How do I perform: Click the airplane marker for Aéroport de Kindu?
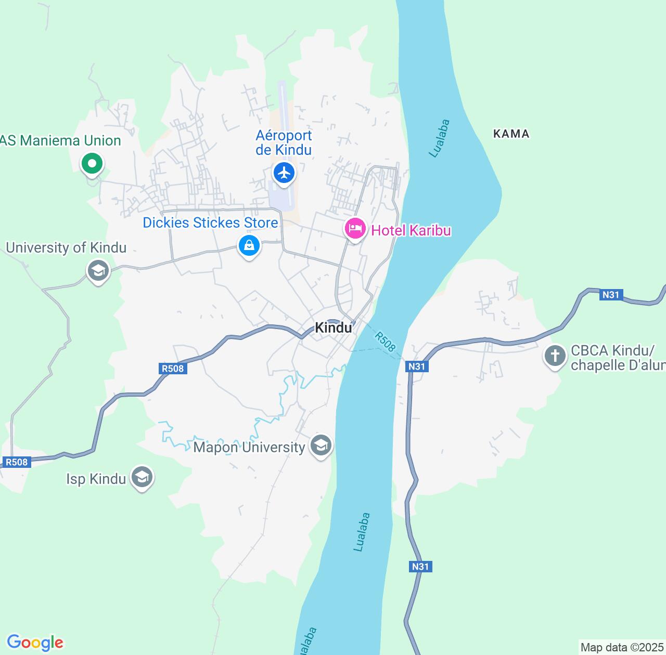coord(284,172)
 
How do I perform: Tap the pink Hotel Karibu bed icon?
coord(355,229)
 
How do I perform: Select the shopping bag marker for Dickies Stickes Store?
coord(249,245)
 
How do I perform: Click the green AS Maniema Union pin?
coord(92,164)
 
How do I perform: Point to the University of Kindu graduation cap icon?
coord(98,270)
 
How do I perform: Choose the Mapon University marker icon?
coord(321,446)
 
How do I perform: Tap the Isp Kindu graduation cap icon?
coord(142,477)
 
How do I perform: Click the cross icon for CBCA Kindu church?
coord(555,356)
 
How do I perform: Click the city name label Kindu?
coord(334,327)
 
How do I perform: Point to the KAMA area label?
coord(511,134)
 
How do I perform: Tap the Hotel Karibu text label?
coord(411,230)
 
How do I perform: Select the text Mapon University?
coord(249,447)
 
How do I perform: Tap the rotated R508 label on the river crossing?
coord(385,342)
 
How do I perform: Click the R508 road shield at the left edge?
coord(17,462)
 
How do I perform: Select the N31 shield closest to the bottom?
coord(420,566)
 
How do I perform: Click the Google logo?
coord(34,643)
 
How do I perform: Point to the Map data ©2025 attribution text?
coord(622,647)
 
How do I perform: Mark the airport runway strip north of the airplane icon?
coord(283,114)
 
